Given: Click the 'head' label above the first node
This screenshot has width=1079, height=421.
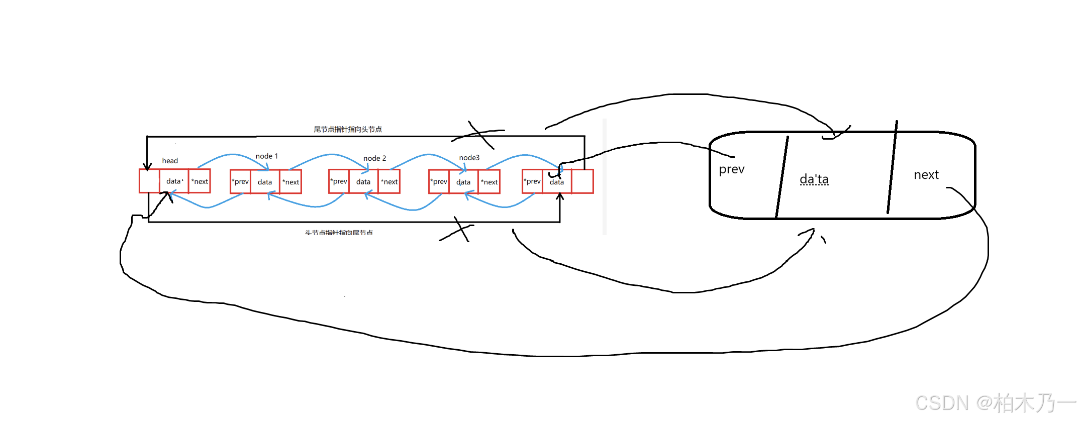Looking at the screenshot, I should coord(170,161).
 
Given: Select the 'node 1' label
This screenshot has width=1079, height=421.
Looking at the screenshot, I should coord(266,156).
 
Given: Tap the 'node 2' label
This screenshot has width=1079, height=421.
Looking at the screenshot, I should coord(374,158).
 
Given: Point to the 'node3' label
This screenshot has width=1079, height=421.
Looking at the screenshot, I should coord(469,158).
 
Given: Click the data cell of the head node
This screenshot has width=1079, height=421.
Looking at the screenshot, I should coord(174,181).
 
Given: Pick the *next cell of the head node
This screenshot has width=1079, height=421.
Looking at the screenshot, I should coord(200,181).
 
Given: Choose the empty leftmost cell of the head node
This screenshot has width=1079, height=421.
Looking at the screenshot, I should coord(149,181).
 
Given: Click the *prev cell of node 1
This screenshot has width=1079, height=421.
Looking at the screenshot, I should coord(240,182).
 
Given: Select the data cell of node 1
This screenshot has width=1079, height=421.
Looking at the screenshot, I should coord(265,182).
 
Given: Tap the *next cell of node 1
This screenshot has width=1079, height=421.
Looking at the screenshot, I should coord(290,182).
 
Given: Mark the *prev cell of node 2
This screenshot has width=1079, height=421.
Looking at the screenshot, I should coord(339,181).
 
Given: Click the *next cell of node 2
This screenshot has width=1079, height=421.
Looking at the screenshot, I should coord(389,182).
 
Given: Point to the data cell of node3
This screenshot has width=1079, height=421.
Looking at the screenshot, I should coord(463,182).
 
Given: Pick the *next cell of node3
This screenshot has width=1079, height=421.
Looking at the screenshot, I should coord(489,182).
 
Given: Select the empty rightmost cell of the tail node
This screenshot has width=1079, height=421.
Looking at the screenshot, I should coord(582,182).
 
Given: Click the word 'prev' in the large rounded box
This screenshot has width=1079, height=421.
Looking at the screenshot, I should coord(731,169).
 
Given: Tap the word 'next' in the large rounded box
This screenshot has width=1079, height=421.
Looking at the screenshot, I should coord(926,175).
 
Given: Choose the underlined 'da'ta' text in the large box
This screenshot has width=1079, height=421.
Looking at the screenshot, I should coord(814,179).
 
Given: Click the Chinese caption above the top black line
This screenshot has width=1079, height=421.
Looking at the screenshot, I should coord(348,129).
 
